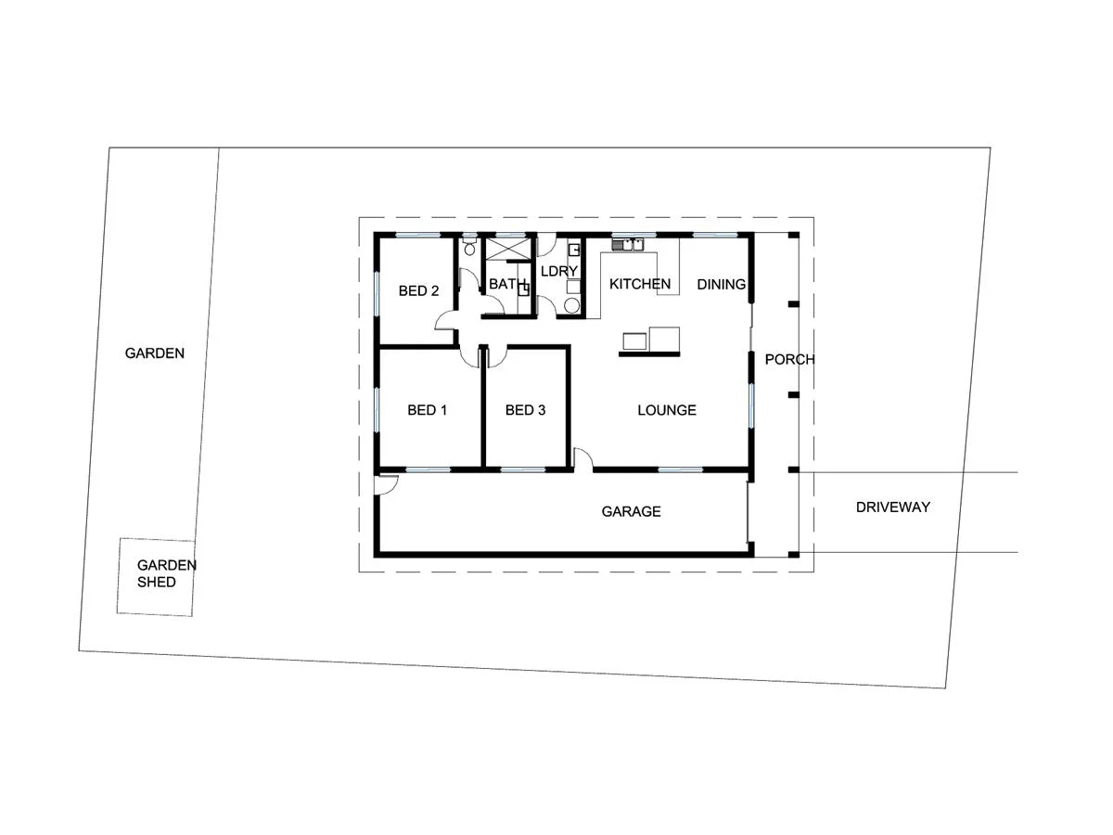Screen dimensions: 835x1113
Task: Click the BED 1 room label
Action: point(428,410)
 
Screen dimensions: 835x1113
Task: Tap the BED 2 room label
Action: point(418,291)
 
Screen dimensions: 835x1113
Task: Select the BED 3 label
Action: point(525,410)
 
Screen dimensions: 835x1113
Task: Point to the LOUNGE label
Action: point(666,410)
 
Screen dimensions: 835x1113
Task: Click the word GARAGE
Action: point(631,511)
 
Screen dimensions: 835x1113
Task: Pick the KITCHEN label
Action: point(639,284)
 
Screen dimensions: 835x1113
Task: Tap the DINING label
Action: point(721,284)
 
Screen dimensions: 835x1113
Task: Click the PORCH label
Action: point(789,359)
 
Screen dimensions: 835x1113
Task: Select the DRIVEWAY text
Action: point(892,507)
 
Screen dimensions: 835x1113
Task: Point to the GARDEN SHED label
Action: point(157,573)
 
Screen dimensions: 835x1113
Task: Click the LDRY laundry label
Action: point(559,271)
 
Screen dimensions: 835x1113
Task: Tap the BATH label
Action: point(507,284)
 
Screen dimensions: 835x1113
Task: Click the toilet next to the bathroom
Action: point(469,247)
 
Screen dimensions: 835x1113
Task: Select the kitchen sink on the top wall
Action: point(629,245)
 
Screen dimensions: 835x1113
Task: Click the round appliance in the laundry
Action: point(571,304)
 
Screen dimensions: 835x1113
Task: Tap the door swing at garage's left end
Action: point(387,483)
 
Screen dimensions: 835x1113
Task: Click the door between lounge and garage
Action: point(582,458)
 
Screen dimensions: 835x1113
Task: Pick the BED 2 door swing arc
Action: point(446,320)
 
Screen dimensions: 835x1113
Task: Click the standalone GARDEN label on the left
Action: point(155,353)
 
